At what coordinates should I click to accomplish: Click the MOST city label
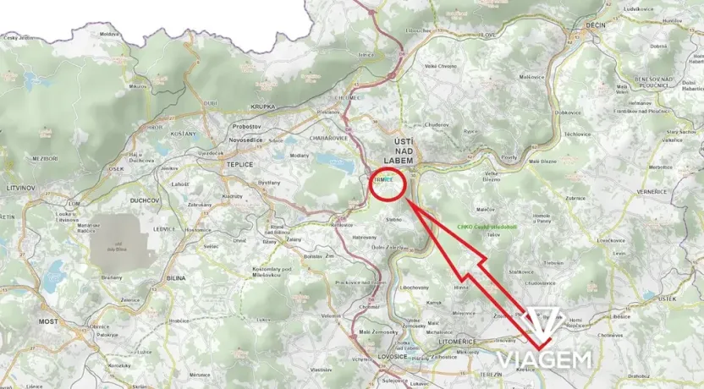[48, 322]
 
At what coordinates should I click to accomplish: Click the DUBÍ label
[210, 103]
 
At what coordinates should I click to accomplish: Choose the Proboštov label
[246, 126]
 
